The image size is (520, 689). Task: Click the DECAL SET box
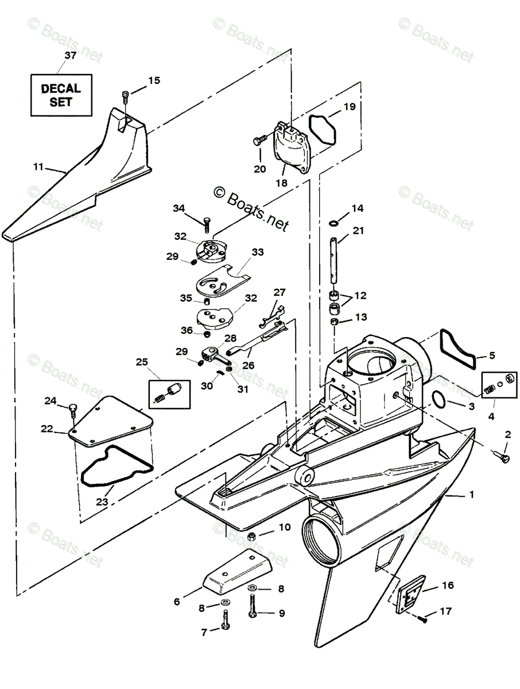61,95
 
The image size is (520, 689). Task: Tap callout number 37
70,55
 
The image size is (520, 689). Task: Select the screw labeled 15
125,97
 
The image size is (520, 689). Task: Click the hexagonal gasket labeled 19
323,129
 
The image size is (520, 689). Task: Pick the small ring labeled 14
334,223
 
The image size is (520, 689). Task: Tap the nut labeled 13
335,322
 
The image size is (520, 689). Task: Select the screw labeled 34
207,224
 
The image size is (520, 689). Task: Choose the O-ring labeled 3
438,400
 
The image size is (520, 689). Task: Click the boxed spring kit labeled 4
499,385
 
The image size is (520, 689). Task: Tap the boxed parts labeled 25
169,394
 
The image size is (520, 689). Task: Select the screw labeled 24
73,411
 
